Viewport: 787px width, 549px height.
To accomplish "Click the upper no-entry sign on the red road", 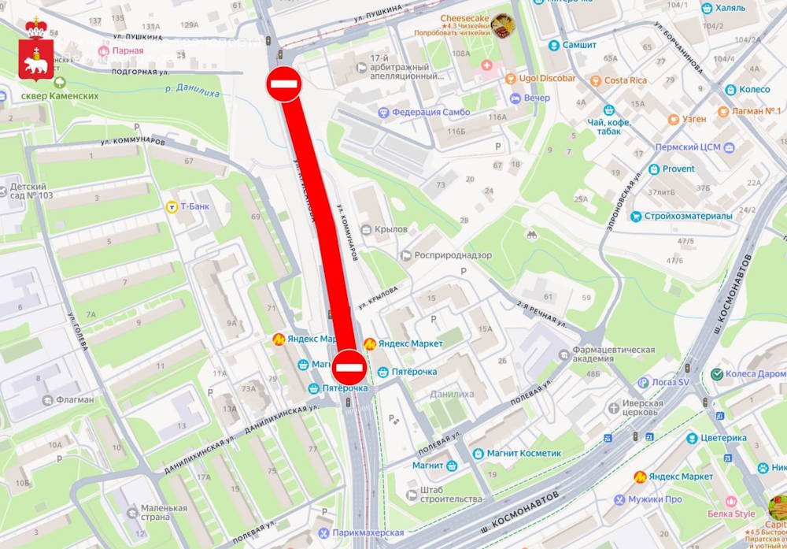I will [x=283, y=83].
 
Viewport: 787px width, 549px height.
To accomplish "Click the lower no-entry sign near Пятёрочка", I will [x=348, y=365].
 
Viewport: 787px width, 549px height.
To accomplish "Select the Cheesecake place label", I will [x=465, y=18].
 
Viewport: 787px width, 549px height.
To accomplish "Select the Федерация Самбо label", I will [x=430, y=112].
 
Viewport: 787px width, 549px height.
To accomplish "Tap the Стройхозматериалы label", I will [x=688, y=216].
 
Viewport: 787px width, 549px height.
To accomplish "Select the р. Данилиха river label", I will [x=192, y=89].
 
